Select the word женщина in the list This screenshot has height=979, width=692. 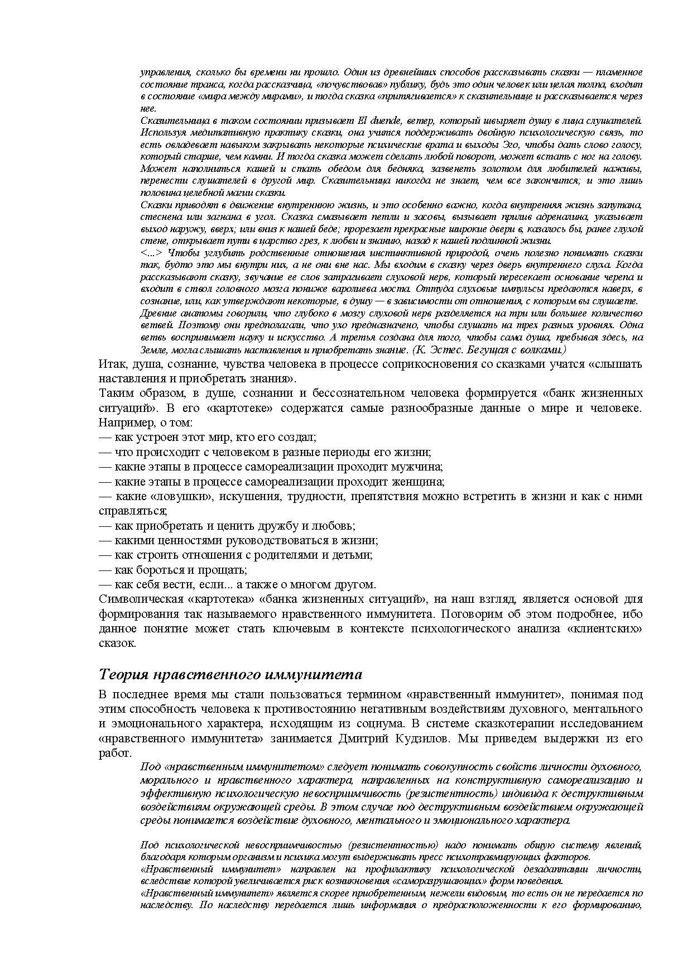coord(421,482)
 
